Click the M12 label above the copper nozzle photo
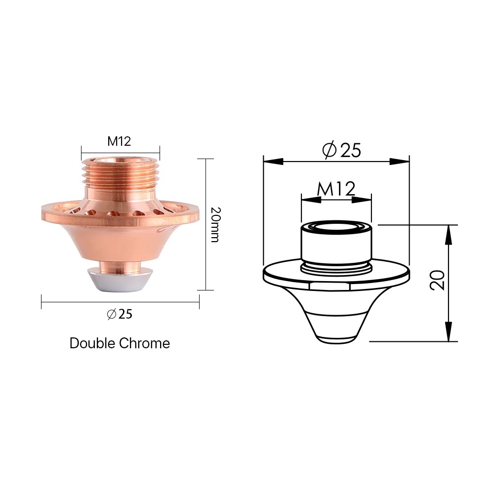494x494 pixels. tap(119, 141)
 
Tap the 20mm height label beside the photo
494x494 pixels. tap(215, 225)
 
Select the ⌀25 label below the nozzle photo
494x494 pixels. tap(120, 314)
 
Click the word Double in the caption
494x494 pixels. tap(92, 343)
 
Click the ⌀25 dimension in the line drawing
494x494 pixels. tap(341, 150)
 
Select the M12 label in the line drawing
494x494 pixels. tap(336, 188)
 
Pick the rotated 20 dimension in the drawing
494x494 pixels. tap(437, 280)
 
